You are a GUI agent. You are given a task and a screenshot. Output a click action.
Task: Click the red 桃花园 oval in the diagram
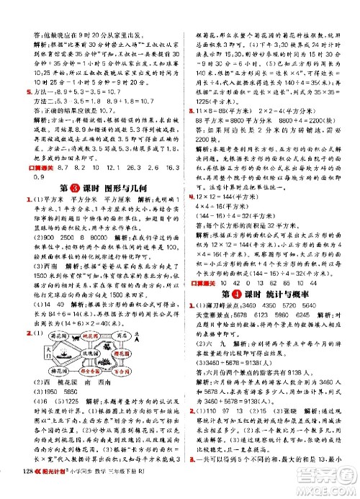[x=86, y=336]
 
